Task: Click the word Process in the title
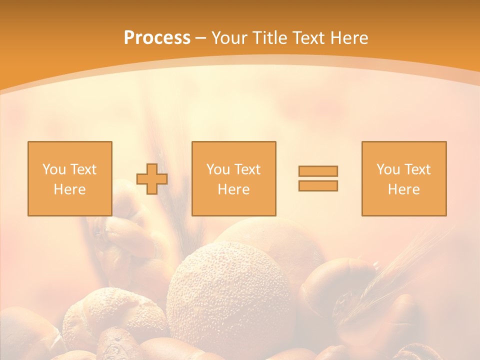(x=157, y=38)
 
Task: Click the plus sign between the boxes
(x=152, y=178)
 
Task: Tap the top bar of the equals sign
(x=318, y=171)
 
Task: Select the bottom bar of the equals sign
(x=318, y=185)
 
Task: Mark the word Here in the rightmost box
(x=404, y=189)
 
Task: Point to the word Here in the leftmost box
(x=70, y=189)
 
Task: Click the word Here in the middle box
(x=233, y=189)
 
